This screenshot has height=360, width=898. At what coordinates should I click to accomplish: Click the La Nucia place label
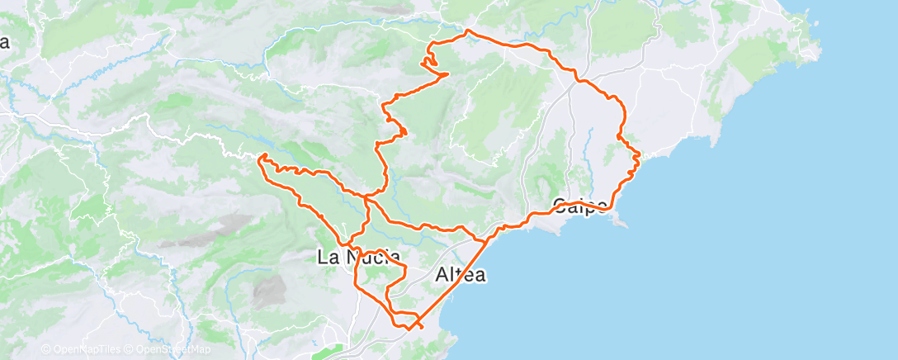(x=359, y=258)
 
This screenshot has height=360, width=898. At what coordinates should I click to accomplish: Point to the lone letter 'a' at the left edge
(x=5, y=43)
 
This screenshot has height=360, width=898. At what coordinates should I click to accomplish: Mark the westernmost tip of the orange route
(x=261, y=158)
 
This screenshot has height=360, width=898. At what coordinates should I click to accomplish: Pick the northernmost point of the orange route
(x=468, y=31)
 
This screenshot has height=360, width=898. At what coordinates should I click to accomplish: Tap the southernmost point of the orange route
(x=408, y=329)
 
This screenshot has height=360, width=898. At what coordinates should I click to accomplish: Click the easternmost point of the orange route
(x=640, y=154)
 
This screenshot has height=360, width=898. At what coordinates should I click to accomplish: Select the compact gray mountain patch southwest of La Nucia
(x=269, y=291)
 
